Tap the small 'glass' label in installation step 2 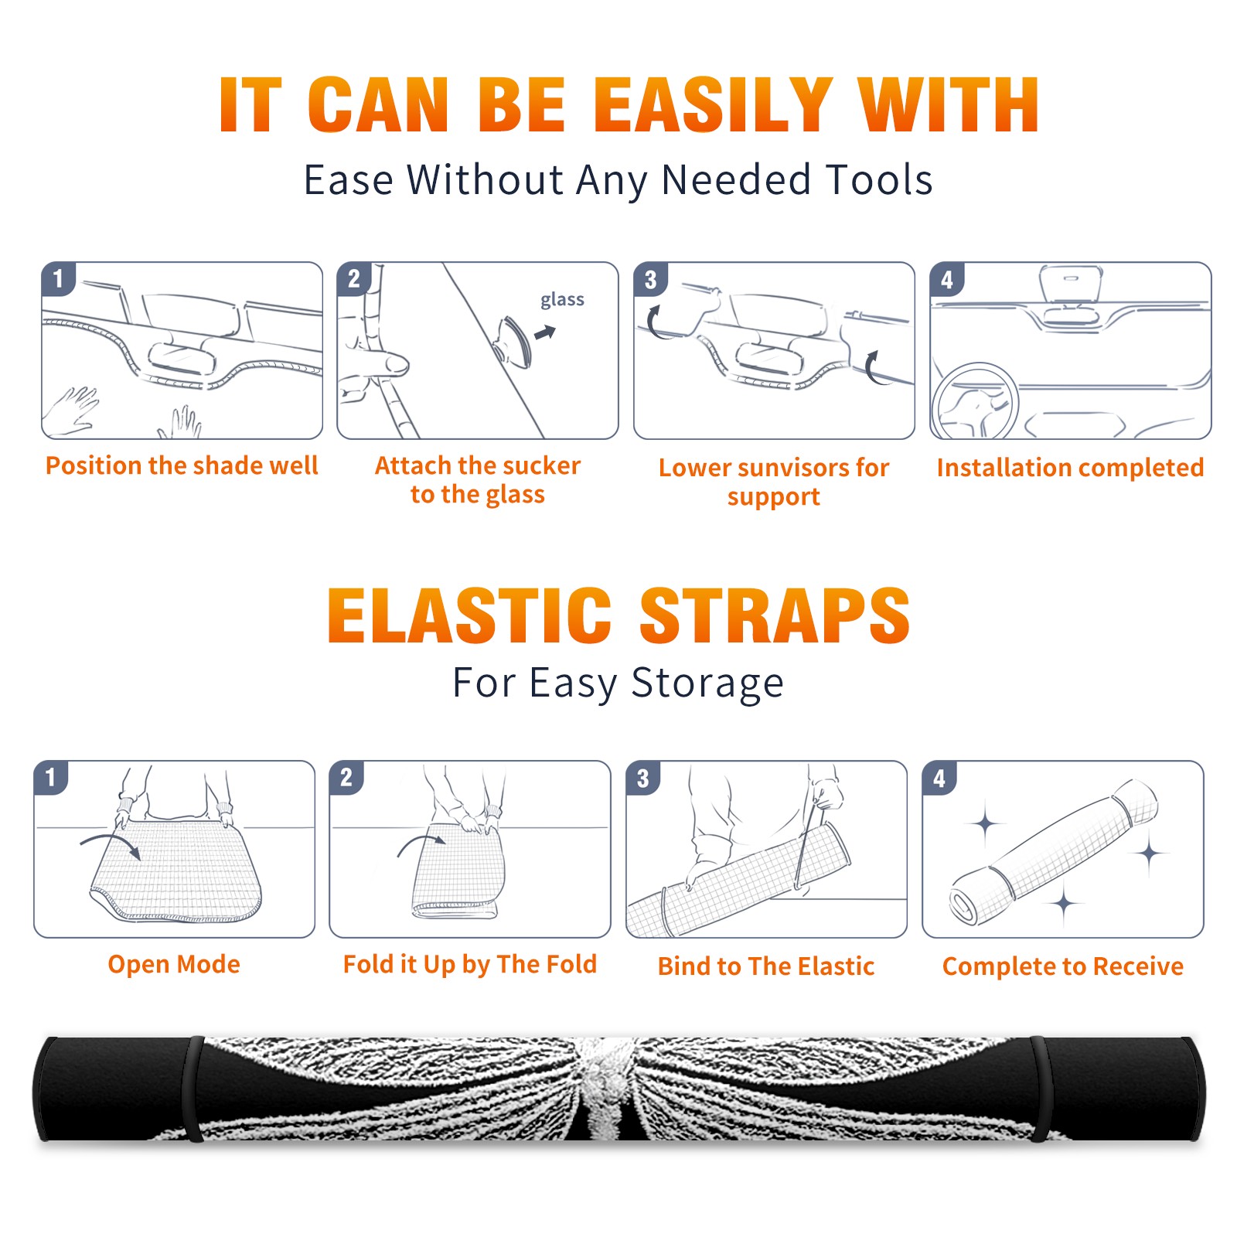click(562, 299)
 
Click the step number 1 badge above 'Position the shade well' click(59, 278)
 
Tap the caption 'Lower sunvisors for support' click(774, 482)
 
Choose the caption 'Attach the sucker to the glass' click(478, 479)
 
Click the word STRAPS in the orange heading click(775, 615)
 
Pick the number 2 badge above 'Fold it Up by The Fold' click(346, 777)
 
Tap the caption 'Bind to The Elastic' click(766, 966)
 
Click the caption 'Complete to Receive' click(1063, 966)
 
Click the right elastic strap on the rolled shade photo click(1040, 1089)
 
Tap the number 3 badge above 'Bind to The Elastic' click(643, 778)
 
